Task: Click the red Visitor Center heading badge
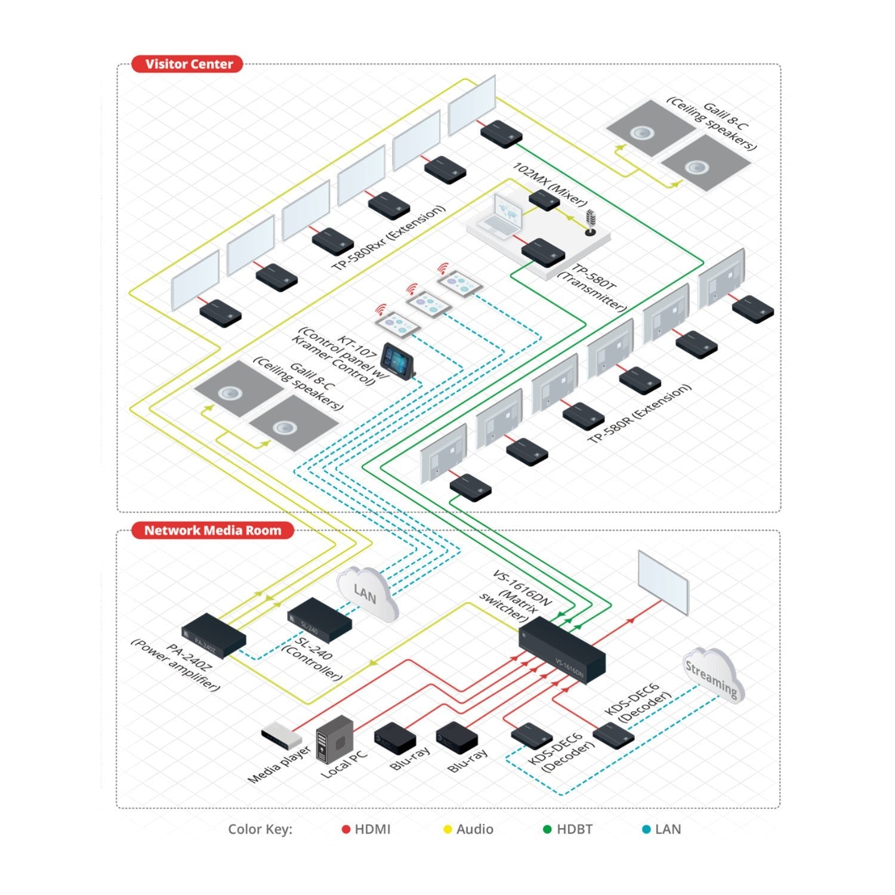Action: tap(187, 64)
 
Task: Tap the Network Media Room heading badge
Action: tap(212, 530)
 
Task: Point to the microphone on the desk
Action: tap(591, 222)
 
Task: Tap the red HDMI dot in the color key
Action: tap(346, 829)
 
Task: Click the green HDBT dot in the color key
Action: tap(547, 829)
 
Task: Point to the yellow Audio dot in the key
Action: tap(447, 829)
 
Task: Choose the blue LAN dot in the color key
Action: tap(646, 829)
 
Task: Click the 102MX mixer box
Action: tap(544, 200)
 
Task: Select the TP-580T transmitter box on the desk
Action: tap(543, 251)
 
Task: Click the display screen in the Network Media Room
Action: tap(663, 582)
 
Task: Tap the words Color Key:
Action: tap(260, 829)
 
